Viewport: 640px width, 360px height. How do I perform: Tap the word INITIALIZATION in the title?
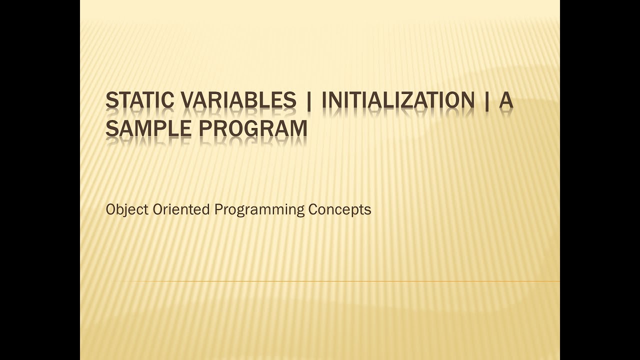(397, 101)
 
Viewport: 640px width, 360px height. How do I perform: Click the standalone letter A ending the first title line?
(506, 101)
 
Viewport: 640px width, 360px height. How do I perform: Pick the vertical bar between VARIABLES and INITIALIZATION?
(308, 101)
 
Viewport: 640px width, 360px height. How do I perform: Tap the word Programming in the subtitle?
(259, 209)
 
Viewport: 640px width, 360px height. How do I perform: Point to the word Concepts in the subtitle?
(339, 209)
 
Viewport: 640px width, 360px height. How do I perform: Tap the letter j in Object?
(123, 210)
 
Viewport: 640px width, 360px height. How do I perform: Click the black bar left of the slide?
(40, 180)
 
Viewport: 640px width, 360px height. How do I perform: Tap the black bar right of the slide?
(600, 180)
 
